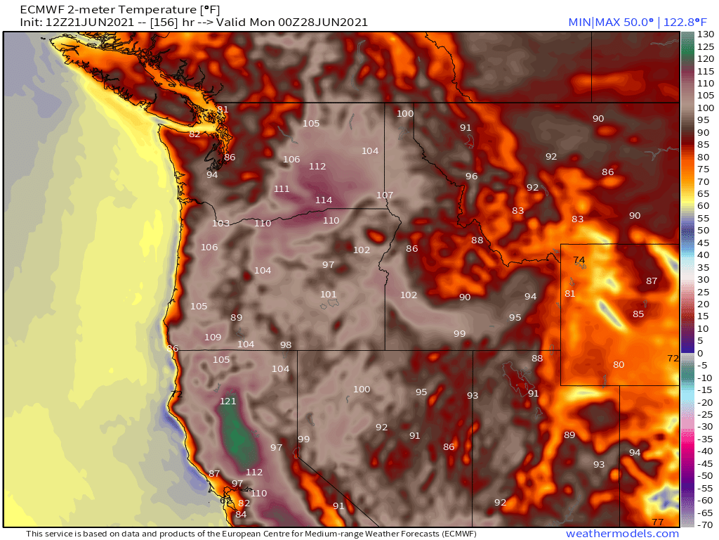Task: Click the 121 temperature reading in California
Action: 228,401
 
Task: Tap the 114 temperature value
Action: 324,200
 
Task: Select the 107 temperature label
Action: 385,195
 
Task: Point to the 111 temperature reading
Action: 282,189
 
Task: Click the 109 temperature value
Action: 213,337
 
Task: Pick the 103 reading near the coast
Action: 221,224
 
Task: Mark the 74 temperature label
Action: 579,260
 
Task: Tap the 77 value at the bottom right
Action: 658,522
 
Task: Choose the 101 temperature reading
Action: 329,295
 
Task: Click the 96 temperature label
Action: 472,176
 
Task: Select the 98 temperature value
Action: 286,345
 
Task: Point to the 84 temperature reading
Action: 241,514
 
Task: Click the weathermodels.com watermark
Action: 622,534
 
